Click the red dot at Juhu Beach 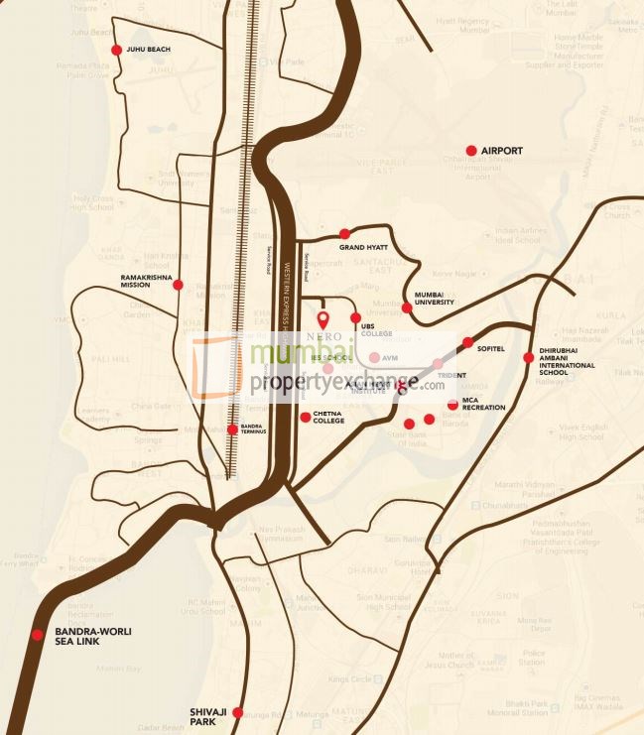tap(117, 50)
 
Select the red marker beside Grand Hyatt tap(345, 234)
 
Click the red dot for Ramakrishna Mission tap(178, 285)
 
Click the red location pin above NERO tap(322, 319)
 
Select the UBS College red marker tap(356, 317)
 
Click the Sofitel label tap(491, 349)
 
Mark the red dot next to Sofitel tap(468, 342)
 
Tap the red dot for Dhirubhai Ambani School tap(529, 357)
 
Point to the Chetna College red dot tap(305, 417)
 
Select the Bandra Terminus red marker tap(232, 429)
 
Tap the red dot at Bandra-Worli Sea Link tap(38, 635)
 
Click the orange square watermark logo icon tap(215, 365)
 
